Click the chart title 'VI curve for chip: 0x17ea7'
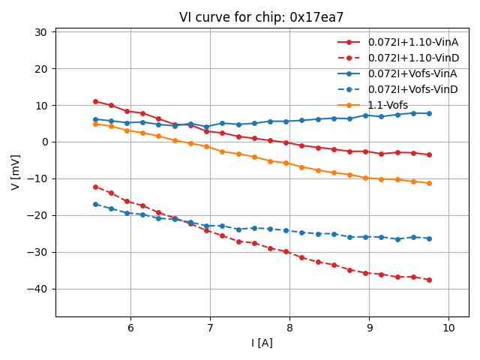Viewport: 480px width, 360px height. click(x=262, y=17)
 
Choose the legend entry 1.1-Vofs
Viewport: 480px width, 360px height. click(x=388, y=105)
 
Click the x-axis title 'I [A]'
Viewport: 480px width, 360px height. click(x=262, y=343)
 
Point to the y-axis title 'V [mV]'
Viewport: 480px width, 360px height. click(x=16, y=172)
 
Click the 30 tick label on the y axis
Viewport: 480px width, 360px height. click(x=40, y=32)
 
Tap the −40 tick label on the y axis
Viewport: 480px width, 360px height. click(x=37, y=289)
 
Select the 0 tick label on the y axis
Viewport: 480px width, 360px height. click(x=43, y=142)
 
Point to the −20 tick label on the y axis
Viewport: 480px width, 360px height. click(x=37, y=215)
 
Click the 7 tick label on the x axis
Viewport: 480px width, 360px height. click(x=210, y=328)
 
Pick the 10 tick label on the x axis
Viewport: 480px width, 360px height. click(x=448, y=328)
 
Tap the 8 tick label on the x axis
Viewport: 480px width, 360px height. click(x=289, y=328)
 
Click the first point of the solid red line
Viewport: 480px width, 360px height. click(x=95, y=101)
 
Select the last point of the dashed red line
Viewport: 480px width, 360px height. click(x=429, y=280)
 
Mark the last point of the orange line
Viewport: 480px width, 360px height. click(x=429, y=183)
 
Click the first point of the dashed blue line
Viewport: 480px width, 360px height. click(x=95, y=204)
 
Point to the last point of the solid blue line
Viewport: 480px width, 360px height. click(x=429, y=113)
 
